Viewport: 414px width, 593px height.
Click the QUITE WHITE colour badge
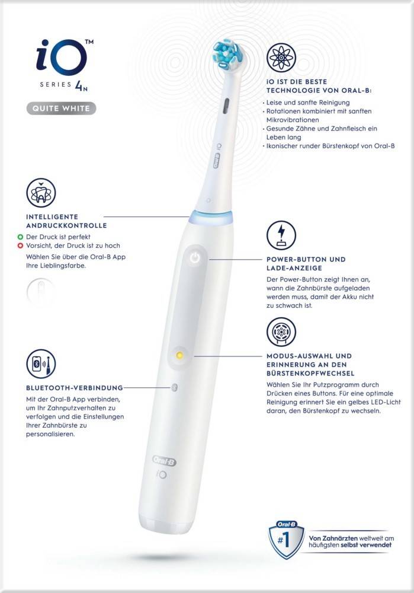click(60, 109)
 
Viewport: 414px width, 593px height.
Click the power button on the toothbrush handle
click(195, 259)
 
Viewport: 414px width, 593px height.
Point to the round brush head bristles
click(226, 53)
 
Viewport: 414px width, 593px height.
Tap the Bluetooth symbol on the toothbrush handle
click(174, 387)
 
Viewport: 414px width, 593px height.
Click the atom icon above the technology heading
click(281, 58)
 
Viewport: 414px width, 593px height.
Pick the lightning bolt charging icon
click(281, 235)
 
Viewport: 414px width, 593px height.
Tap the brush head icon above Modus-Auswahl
click(281, 332)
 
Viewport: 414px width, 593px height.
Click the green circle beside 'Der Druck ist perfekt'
click(20, 236)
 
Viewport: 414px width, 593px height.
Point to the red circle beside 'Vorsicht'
click(20, 245)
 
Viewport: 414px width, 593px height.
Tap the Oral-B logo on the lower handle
click(163, 460)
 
